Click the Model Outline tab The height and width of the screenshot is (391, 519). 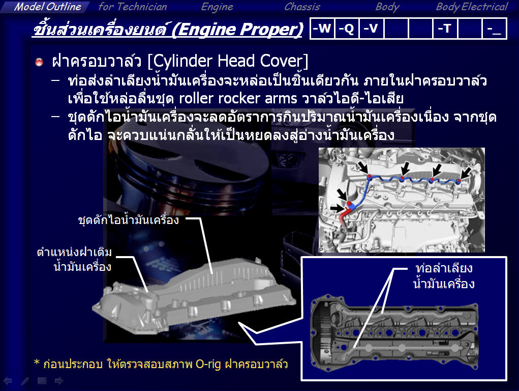47,7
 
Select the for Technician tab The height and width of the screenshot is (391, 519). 132,7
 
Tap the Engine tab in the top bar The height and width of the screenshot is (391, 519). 217,7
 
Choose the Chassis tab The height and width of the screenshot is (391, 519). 302,7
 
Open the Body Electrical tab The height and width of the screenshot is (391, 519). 472,7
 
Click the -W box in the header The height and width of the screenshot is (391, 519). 322,29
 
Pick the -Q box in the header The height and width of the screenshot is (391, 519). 347,29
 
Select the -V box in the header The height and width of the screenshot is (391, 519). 371,29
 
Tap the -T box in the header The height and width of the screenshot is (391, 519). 445,29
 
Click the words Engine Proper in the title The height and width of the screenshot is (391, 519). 238,29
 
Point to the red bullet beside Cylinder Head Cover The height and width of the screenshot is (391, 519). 39,62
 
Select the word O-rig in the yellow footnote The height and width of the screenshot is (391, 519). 208,364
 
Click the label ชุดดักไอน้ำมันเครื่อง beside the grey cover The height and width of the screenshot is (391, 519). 129,219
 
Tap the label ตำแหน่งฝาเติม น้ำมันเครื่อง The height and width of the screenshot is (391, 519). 75,259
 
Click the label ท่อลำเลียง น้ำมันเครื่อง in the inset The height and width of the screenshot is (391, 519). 444,276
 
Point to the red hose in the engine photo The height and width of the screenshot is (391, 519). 344,215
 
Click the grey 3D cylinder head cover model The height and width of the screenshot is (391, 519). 194,295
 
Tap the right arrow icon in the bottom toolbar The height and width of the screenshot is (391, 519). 59,381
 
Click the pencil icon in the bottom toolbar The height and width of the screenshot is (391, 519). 25,381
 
